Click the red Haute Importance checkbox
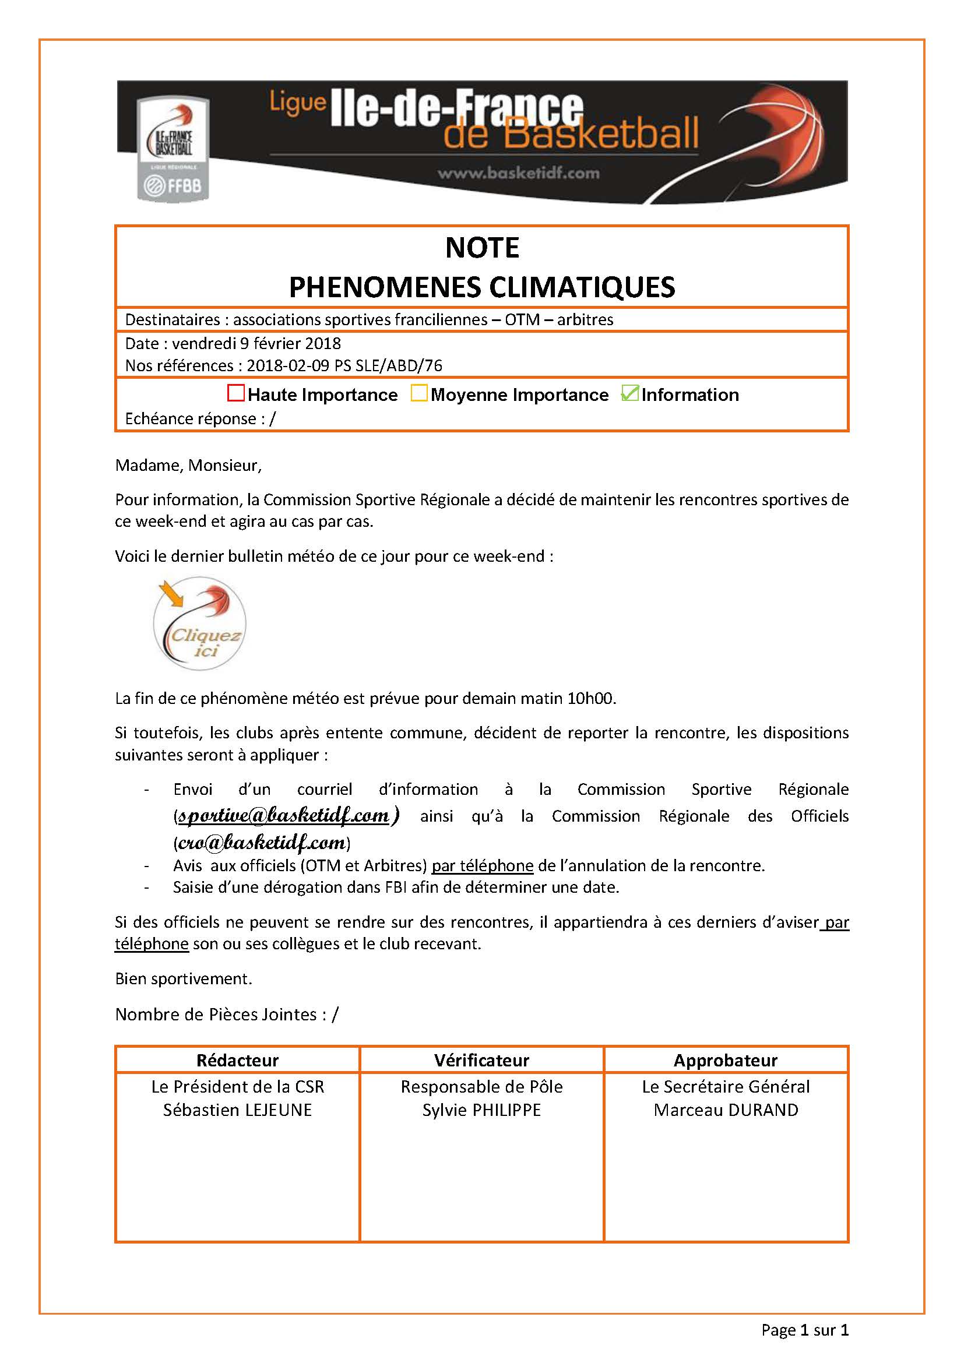tap(235, 393)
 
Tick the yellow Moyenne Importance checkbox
tap(419, 393)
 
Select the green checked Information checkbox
tap(629, 393)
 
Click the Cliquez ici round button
tap(199, 624)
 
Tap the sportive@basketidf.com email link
tap(284, 816)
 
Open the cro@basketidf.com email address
tap(262, 843)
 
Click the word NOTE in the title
tap(482, 248)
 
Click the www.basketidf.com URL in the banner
tap(518, 173)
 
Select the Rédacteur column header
tap(237, 1060)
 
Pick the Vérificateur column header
tap(481, 1060)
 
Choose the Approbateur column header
tap(726, 1060)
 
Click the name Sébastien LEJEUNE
tap(237, 1110)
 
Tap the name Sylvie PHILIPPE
tap(481, 1110)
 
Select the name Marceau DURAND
tap(726, 1110)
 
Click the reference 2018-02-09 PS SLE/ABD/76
tap(344, 366)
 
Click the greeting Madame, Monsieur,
tap(188, 465)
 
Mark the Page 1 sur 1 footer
tap(805, 1330)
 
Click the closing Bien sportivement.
tap(184, 978)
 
